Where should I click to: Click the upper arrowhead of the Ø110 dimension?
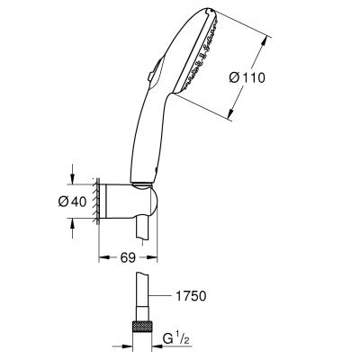267,37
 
